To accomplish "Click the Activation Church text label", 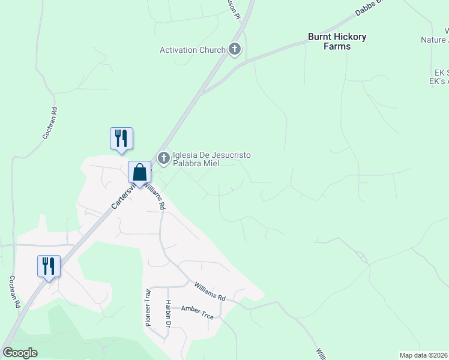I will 192,50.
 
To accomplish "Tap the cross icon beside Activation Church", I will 234,50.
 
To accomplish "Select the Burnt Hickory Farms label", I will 337,41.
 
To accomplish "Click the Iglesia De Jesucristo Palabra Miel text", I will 211,159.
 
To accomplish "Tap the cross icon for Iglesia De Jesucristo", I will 163,158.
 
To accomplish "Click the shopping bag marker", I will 139,173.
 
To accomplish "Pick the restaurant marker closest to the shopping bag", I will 121,139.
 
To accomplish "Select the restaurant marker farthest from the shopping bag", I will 49,266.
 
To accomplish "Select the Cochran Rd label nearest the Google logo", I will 15,292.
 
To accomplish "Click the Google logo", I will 20,352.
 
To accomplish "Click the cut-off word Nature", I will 433,40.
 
